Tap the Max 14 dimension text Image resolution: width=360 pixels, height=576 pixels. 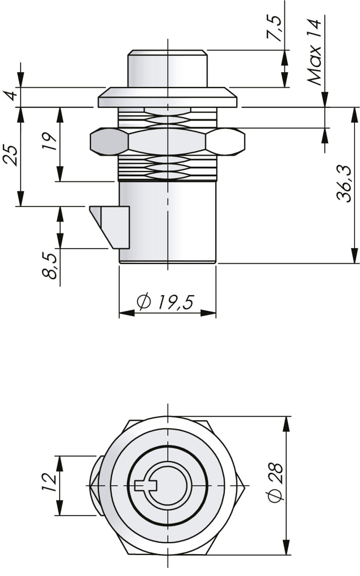pyautogui.click(x=314, y=52)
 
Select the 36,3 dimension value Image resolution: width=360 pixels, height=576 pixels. pyautogui.click(x=344, y=184)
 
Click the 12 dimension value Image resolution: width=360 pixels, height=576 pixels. pyautogui.click(x=50, y=483)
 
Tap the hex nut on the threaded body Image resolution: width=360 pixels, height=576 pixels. pyautogui.click(x=167, y=142)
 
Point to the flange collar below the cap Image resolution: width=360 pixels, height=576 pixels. pyautogui.click(x=167, y=98)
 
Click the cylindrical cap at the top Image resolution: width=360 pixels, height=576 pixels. pyautogui.click(x=167, y=69)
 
